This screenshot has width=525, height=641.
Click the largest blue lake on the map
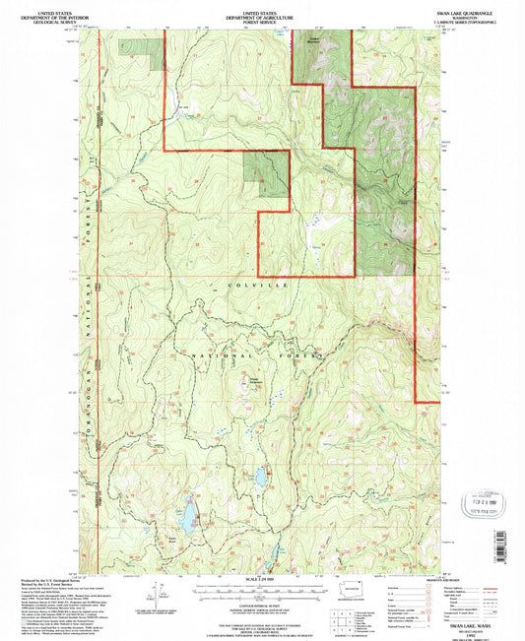point(185,515)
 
